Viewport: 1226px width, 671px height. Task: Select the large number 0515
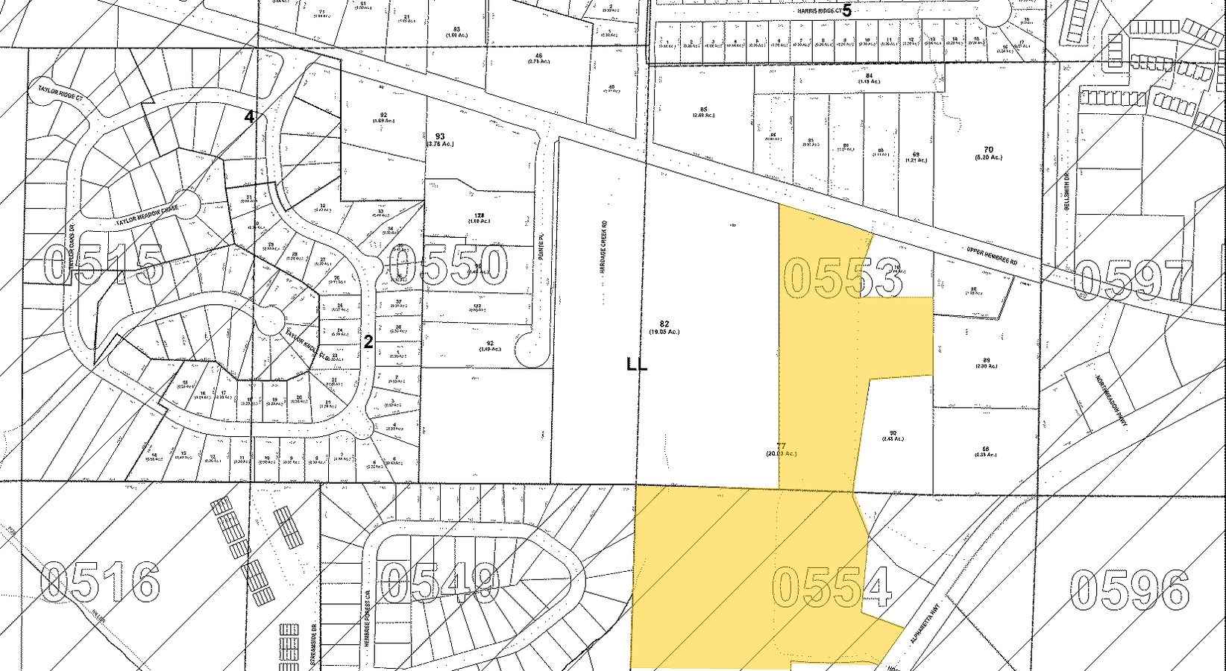tap(104, 265)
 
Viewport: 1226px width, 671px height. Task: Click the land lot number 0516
tap(100, 582)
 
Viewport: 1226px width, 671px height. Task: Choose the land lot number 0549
tap(440, 582)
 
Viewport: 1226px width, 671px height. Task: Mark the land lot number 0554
tap(832, 587)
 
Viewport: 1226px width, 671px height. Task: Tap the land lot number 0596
tap(1129, 590)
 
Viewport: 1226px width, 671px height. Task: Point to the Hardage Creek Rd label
tap(606, 246)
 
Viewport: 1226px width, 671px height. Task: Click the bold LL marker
tap(637, 365)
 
